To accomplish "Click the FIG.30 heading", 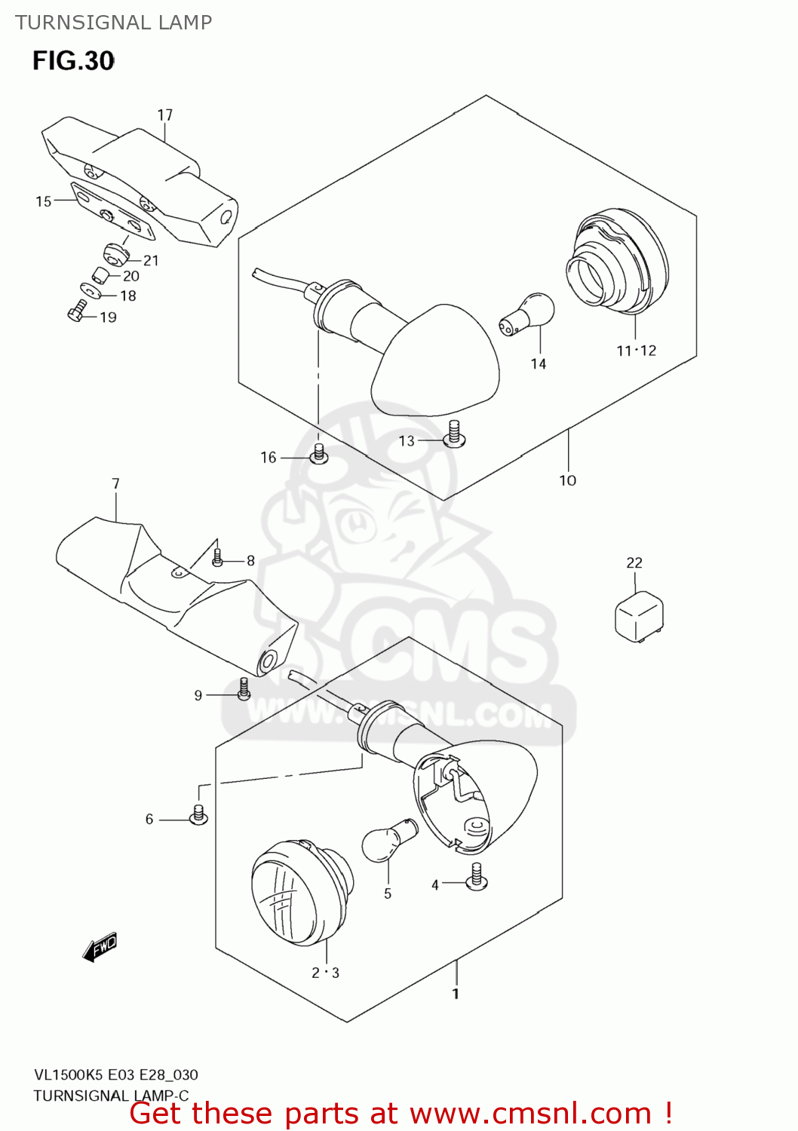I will [x=73, y=60].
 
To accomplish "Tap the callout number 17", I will [x=164, y=115].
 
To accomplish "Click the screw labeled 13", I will [x=454, y=433].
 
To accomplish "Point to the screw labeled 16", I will [x=319, y=453].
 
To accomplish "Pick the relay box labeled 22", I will [x=640, y=617].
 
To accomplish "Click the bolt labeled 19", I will [x=77, y=311].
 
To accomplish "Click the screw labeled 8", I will [x=217, y=558].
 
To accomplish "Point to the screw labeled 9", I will [x=244, y=688].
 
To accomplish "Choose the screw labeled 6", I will [x=198, y=815].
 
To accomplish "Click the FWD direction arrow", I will [x=100, y=946].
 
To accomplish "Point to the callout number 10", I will [x=567, y=480].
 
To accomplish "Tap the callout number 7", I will [x=115, y=483].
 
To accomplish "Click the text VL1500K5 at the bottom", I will [x=69, y=1074].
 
